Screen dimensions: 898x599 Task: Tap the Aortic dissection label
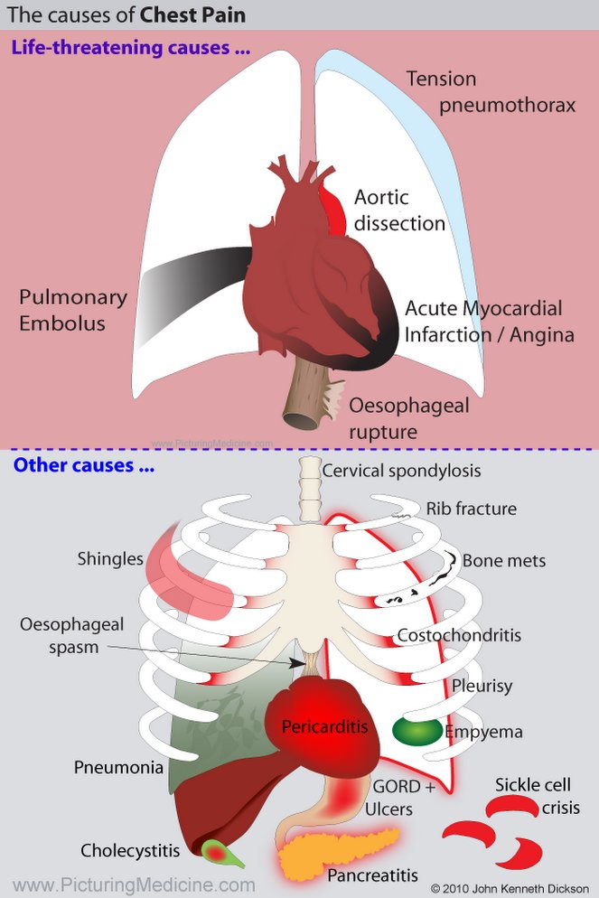[x=398, y=210]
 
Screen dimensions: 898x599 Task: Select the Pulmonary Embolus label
[x=73, y=310]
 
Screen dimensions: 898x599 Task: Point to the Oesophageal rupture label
[x=408, y=418]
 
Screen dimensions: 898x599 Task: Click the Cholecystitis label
[x=130, y=850]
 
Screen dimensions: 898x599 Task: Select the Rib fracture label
[x=472, y=509]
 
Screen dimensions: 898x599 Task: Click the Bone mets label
[x=504, y=560]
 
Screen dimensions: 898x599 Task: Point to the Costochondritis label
[x=459, y=635]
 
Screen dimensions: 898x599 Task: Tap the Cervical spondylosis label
[x=401, y=470]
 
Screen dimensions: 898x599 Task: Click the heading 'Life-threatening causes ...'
[x=130, y=48]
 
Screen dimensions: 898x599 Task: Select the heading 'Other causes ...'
[x=83, y=467]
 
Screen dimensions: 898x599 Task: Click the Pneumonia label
[x=119, y=768]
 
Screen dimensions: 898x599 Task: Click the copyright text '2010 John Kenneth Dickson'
[x=513, y=887]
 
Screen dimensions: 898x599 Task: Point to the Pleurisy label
[x=482, y=686]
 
